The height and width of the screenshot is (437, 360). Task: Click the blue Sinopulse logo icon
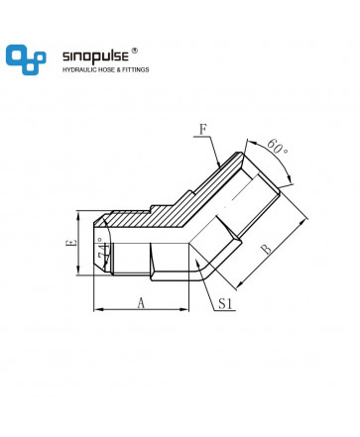click(26, 59)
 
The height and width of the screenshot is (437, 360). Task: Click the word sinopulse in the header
click(95, 55)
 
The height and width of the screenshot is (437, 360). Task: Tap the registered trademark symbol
click(135, 51)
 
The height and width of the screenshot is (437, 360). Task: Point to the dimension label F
click(202, 130)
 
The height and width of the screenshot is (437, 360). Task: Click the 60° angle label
click(277, 148)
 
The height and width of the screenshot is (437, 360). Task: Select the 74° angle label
click(103, 252)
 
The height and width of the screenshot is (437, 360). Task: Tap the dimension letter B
click(266, 249)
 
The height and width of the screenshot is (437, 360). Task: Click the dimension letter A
click(141, 303)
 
